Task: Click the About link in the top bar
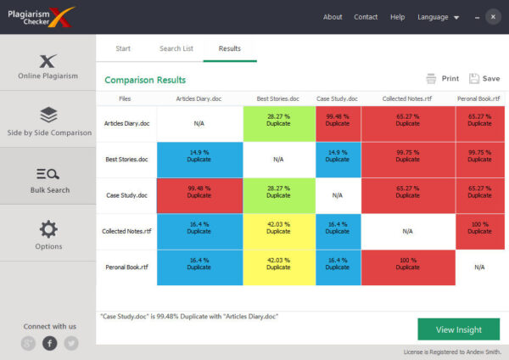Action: point(333,17)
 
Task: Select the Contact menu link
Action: point(366,17)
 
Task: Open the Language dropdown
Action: point(438,17)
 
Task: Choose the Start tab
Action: point(123,48)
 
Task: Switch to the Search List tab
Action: point(176,48)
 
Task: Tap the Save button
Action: point(484,78)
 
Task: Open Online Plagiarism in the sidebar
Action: point(48,66)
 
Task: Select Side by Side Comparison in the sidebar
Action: point(48,121)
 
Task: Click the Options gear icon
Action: point(48,228)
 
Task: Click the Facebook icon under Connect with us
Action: point(50,343)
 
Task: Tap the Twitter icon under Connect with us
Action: point(71,343)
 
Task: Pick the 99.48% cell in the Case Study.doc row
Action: point(199,195)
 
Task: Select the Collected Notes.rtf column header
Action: point(408,99)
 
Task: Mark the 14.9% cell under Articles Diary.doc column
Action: point(199,160)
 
